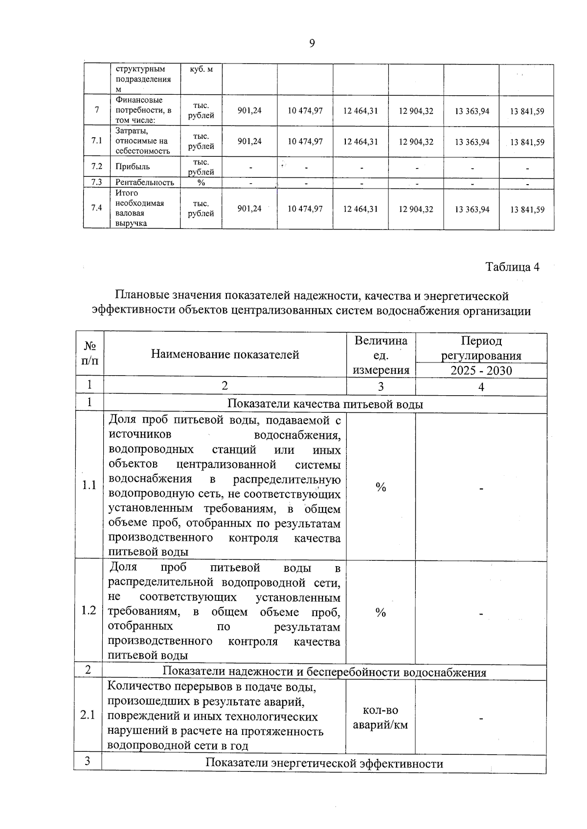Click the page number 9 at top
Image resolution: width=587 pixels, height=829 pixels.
pyautogui.click(x=312, y=43)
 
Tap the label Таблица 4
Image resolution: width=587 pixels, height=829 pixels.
pyautogui.click(x=512, y=267)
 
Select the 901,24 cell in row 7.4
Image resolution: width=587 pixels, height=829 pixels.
pyautogui.click(x=249, y=209)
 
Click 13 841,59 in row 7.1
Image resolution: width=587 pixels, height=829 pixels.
pyautogui.click(x=527, y=142)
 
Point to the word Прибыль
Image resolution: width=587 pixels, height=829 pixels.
pyautogui.click(x=133, y=167)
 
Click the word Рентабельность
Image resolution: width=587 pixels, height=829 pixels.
pyautogui.click(x=145, y=182)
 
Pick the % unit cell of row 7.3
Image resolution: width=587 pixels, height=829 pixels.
pyautogui.click(x=201, y=182)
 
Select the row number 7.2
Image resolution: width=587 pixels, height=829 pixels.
pyautogui.click(x=96, y=166)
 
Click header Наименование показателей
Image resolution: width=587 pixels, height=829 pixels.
pyautogui.click(x=225, y=354)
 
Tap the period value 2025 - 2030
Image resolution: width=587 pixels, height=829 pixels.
pyautogui.click(x=481, y=370)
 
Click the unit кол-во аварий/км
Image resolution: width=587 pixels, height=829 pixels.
pyautogui.click(x=381, y=718)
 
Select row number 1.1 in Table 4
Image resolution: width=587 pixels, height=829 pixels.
pyautogui.click(x=89, y=486)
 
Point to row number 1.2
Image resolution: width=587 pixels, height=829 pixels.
pyautogui.click(x=89, y=611)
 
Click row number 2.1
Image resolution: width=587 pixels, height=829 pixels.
pyautogui.click(x=88, y=716)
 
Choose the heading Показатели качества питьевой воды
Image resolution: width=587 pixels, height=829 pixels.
pyautogui.click(x=325, y=404)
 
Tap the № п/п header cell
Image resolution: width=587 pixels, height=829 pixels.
pyautogui.click(x=90, y=353)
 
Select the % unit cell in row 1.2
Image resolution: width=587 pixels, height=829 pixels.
pyautogui.click(x=381, y=613)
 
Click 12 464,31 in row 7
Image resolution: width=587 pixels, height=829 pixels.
pyautogui.click(x=360, y=111)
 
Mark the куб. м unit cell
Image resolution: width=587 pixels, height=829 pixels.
pyautogui.click(x=201, y=69)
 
